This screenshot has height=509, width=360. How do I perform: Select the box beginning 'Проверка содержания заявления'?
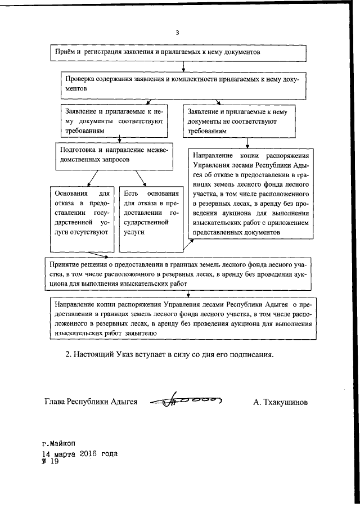point(182,84)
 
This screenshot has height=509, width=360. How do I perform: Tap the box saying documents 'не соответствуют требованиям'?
point(238,120)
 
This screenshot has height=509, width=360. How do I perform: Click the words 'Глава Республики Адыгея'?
point(91,402)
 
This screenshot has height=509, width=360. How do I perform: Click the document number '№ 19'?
point(50,462)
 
